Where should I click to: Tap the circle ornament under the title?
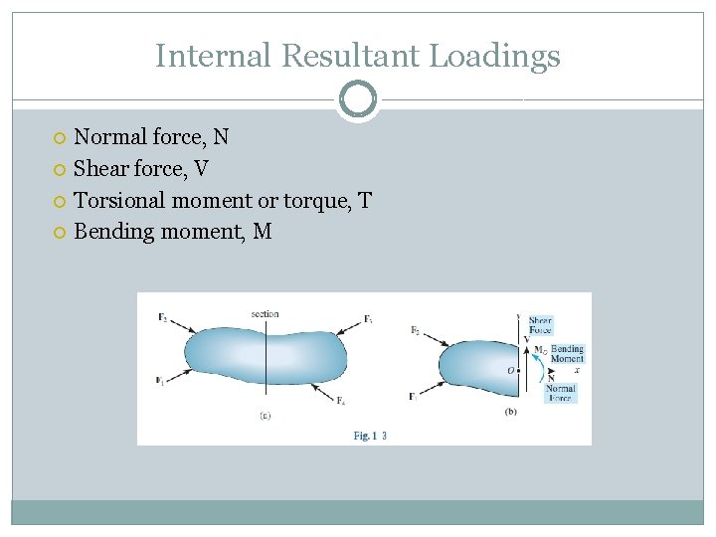358,98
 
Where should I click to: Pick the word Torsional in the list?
119,200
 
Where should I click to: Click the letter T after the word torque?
364,200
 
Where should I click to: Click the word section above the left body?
266,314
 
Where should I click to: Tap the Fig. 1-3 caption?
370,436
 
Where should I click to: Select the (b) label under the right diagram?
511,412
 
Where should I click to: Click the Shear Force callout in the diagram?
540,325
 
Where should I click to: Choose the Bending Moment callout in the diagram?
567,354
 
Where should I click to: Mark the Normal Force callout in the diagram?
560,393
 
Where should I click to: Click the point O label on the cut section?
511,370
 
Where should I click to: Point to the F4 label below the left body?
340,400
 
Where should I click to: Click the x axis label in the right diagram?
577,369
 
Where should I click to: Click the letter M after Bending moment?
263,232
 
